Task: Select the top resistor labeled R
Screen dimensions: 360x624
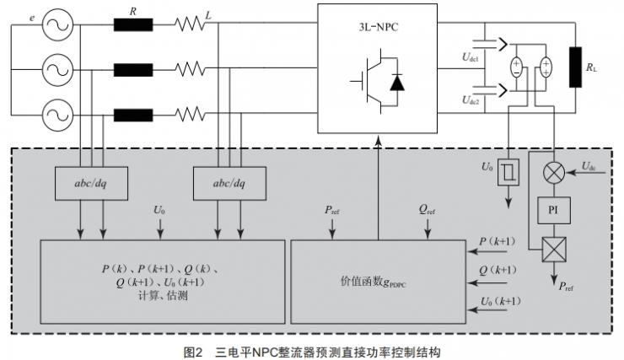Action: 132,24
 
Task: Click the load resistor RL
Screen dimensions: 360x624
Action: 577,67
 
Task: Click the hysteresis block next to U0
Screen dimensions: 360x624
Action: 509,172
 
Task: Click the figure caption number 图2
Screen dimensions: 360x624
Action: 195,351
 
